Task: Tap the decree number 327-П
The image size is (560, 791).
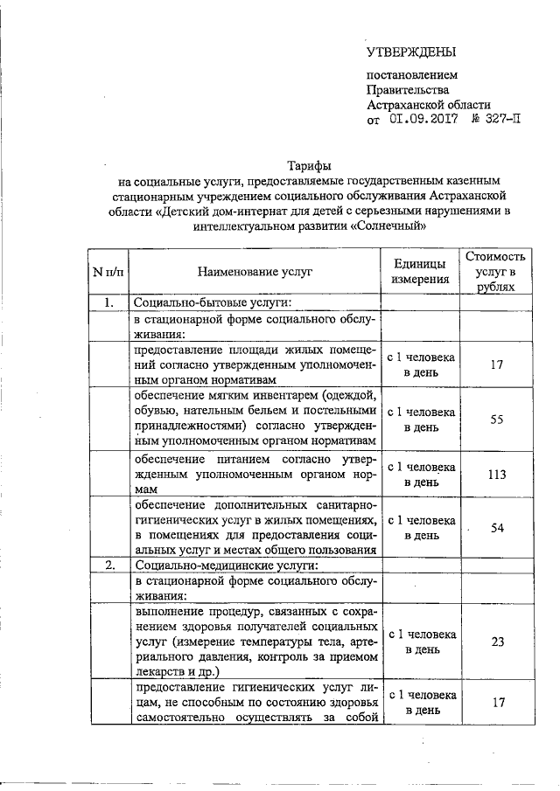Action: click(500, 120)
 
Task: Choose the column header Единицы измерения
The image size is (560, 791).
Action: click(421, 272)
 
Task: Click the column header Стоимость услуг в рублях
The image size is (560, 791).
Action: click(496, 272)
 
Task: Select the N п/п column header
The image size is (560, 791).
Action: click(108, 272)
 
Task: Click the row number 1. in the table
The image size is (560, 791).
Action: click(108, 303)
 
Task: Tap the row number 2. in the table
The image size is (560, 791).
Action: click(108, 565)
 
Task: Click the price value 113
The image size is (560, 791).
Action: click(497, 475)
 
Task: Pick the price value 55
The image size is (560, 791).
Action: click(497, 420)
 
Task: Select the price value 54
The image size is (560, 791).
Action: click(497, 528)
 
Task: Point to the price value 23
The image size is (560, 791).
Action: click(497, 642)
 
